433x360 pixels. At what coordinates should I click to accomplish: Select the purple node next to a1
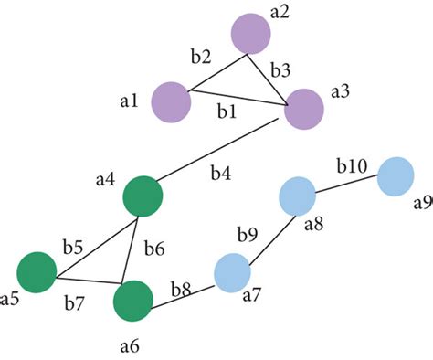[171, 101]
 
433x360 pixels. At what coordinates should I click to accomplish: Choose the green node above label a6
[133, 300]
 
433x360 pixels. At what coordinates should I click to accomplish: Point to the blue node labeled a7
[233, 271]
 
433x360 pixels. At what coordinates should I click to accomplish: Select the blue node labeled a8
[297, 195]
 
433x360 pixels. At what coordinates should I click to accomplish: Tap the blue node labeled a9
[396, 175]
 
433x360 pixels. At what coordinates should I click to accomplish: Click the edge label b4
[222, 171]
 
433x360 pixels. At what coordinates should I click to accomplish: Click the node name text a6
[129, 345]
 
